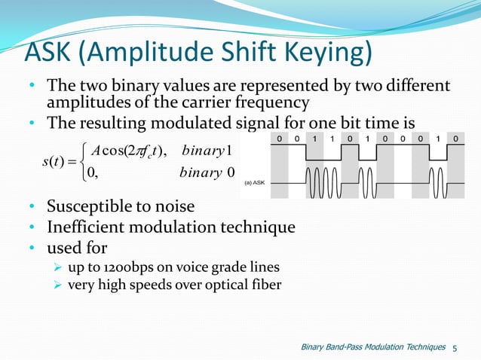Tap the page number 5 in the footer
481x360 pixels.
(x=455, y=347)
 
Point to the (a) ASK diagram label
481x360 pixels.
(x=256, y=183)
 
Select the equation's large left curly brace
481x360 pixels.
(x=82, y=164)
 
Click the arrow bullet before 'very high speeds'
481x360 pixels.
(x=57, y=285)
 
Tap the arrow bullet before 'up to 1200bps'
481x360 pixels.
(x=57, y=267)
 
